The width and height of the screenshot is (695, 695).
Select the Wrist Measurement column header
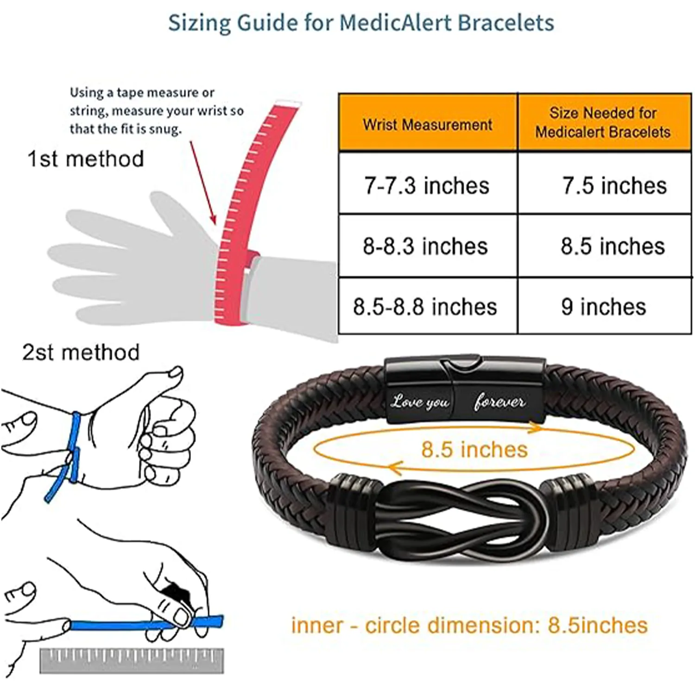[x=428, y=124]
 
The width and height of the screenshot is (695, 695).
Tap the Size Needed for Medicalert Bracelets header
[x=603, y=122]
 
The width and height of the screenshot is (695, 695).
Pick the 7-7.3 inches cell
[x=427, y=185]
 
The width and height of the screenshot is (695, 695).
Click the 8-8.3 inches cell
[x=425, y=246]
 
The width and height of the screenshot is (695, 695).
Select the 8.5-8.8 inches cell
[x=425, y=307]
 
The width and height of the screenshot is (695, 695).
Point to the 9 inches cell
[x=603, y=307]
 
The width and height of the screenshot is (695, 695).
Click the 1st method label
[x=86, y=159]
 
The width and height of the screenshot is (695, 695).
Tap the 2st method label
[x=81, y=353]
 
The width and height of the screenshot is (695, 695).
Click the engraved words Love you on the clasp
[x=420, y=401]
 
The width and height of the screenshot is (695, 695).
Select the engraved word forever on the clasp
[x=499, y=401]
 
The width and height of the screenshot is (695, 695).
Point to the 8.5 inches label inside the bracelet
[x=474, y=449]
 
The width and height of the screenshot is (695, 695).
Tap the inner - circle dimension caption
[x=469, y=625]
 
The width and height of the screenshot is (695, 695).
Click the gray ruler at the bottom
[x=132, y=660]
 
